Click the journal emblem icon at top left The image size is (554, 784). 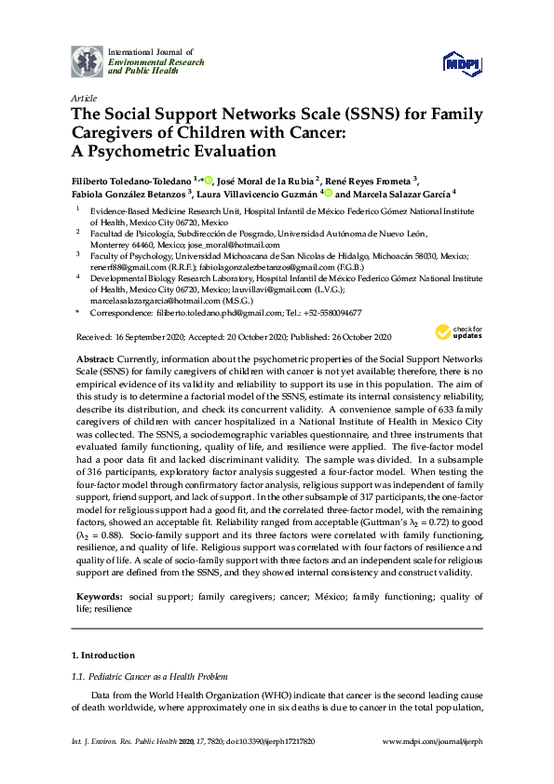[88, 60]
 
